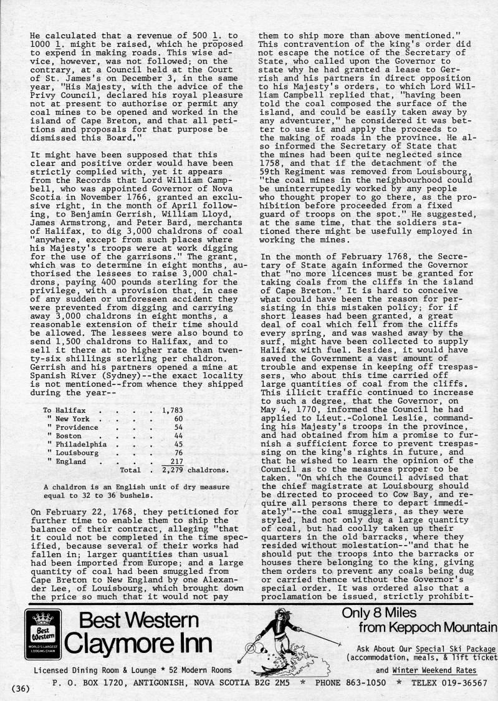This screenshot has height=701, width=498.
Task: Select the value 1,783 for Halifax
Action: click(x=171, y=410)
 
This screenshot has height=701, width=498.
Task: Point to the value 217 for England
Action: click(x=175, y=462)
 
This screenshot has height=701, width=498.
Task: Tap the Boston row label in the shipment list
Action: click(x=69, y=435)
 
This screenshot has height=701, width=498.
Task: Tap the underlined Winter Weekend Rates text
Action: click(x=434, y=670)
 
